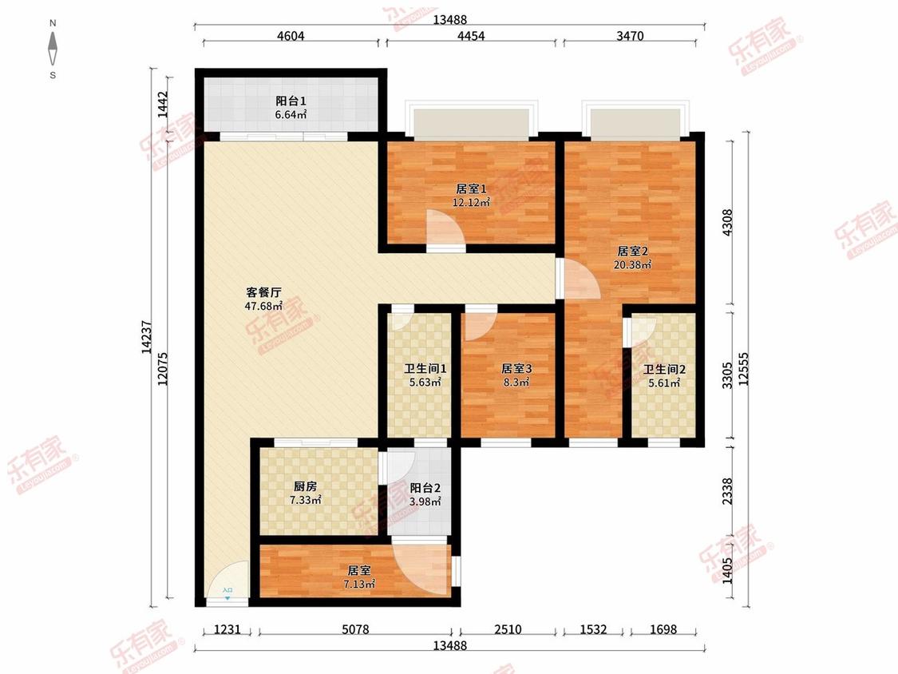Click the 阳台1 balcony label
click(291, 101)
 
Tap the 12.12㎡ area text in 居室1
click(471, 202)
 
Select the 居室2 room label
click(632, 251)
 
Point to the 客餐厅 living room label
click(263, 292)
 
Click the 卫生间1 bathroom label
click(425, 368)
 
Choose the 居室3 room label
click(516, 368)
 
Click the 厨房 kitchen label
click(305, 486)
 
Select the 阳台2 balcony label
click(425, 488)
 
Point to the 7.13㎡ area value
click(359, 584)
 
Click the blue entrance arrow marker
click(227, 598)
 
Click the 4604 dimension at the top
click(291, 35)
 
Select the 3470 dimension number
click(630, 35)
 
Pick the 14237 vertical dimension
click(147, 337)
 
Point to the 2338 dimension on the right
click(726, 491)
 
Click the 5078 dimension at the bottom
click(356, 629)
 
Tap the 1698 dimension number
click(663, 629)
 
